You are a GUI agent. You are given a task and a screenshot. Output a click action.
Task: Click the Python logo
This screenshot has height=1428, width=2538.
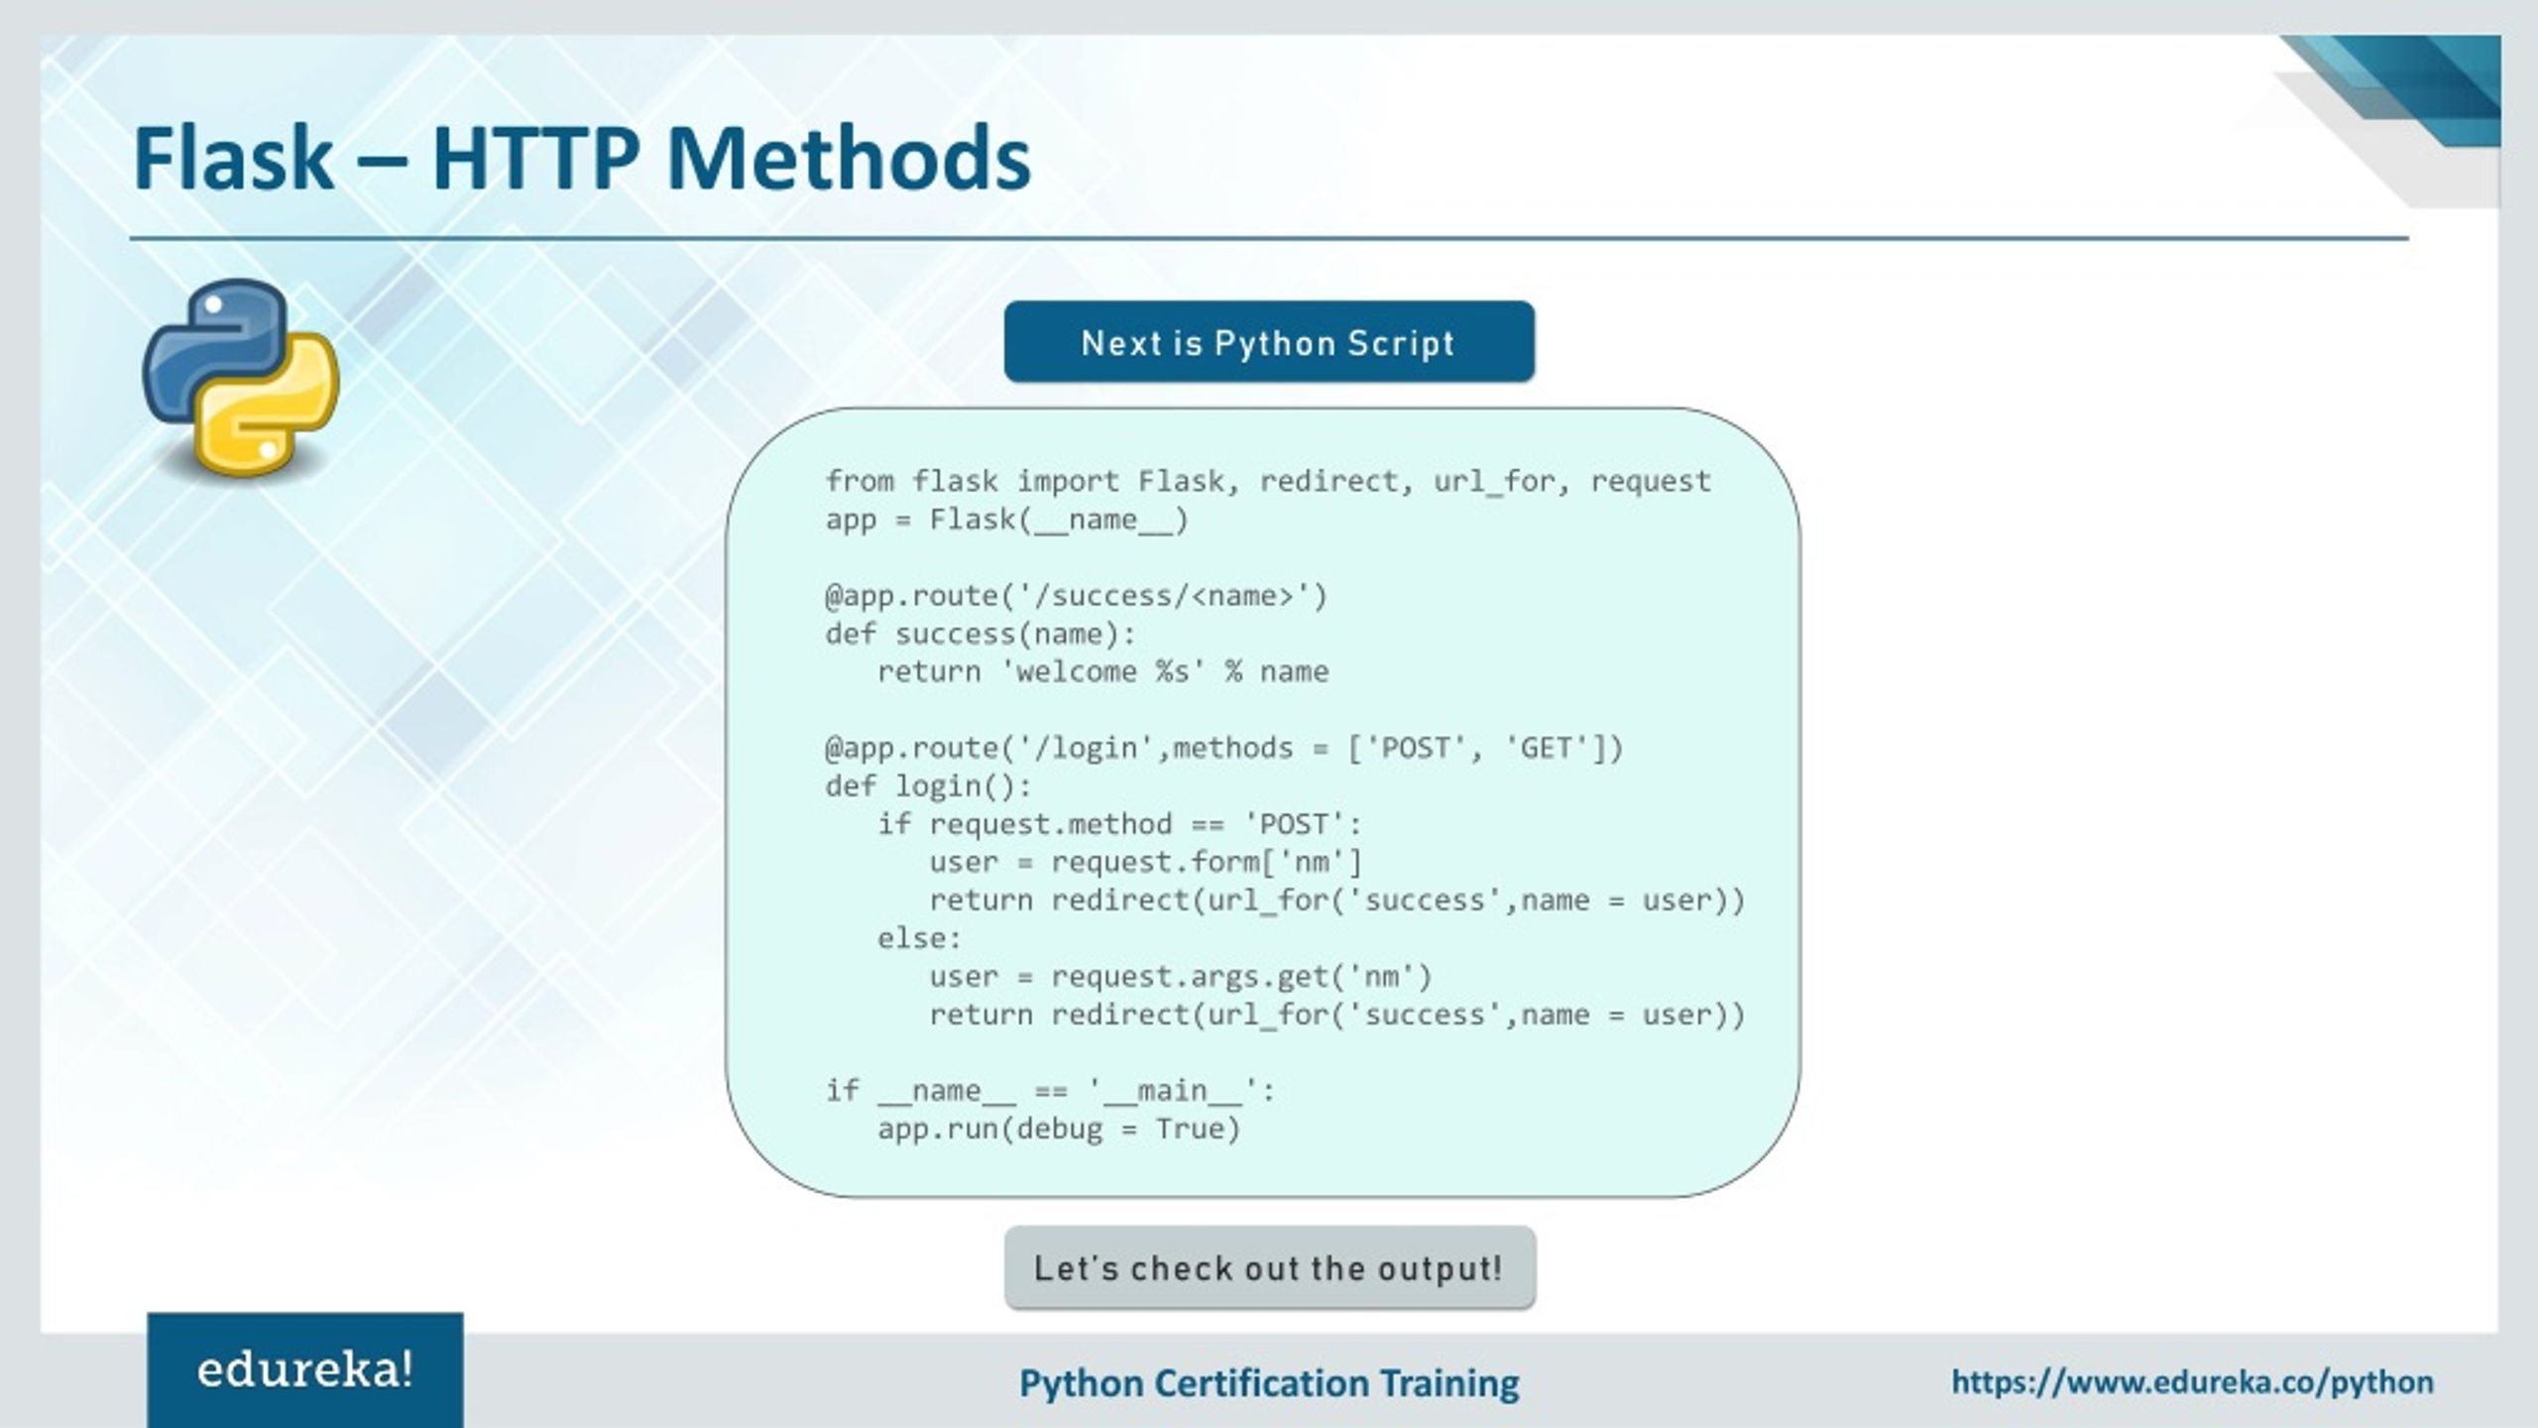pyautogui.click(x=241, y=379)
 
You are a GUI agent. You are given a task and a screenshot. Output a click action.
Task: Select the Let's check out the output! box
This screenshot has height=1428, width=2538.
pyautogui.click(x=1269, y=1267)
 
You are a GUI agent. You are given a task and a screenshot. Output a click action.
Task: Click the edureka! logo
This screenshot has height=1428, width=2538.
pyautogui.click(x=305, y=1370)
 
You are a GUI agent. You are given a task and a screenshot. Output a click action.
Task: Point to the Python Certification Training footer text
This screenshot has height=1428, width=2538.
pyautogui.click(x=1269, y=1382)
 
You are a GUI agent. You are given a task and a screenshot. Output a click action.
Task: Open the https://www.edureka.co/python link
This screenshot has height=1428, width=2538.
pyautogui.click(x=2192, y=1382)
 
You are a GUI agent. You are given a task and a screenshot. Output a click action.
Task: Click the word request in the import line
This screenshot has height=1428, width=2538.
pyautogui.click(x=1650, y=482)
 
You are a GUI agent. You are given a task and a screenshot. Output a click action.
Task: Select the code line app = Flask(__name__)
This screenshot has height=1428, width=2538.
pyautogui.click(x=1006, y=520)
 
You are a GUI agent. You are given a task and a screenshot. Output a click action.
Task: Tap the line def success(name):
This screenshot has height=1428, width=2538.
pyautogui.click(x=980, y=634)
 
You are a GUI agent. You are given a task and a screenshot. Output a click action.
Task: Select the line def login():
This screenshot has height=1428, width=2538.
pyautogui.click(x=928, y=786)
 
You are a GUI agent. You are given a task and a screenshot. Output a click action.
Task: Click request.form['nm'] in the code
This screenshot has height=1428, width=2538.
pyautogui.click(x=1207, y=863)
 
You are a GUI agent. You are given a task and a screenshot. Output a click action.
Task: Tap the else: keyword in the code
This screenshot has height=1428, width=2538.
pyautogui.click(x=919, y=938)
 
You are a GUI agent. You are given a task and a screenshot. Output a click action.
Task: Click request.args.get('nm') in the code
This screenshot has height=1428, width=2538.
pyautogui.click(x=1241, y=977)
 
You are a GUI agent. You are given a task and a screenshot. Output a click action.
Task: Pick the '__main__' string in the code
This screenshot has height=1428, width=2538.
pyautogui.click(x=1172, y=1091)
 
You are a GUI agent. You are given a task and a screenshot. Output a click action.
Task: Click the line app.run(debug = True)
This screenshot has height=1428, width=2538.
pyautogui.click(x=1058, y=1130)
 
